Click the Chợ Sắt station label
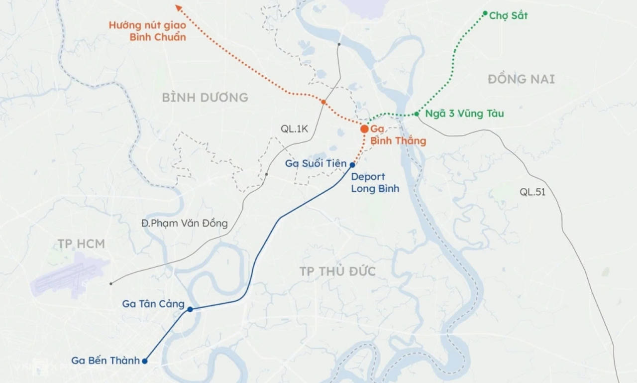point(508,16)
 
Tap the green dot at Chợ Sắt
point(485,13)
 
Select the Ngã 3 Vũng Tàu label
point(464,114)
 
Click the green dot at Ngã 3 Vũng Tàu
point(417,114)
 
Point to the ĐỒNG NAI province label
point(521,79)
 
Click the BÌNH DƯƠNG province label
point(205,98)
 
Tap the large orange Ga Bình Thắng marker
point(364,129)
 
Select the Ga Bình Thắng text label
point(398,135)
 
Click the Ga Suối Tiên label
point(316,163)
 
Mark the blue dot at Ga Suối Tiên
point(352,164)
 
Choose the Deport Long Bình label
point(375,183)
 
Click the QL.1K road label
point(294,129)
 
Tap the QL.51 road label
point(532,192)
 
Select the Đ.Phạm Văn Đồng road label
point(184,224)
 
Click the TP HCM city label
point(81,244)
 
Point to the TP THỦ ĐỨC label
point(337,271)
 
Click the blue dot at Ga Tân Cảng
point(190,309)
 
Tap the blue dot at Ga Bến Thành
point(145,361)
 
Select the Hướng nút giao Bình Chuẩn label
point(147,30)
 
